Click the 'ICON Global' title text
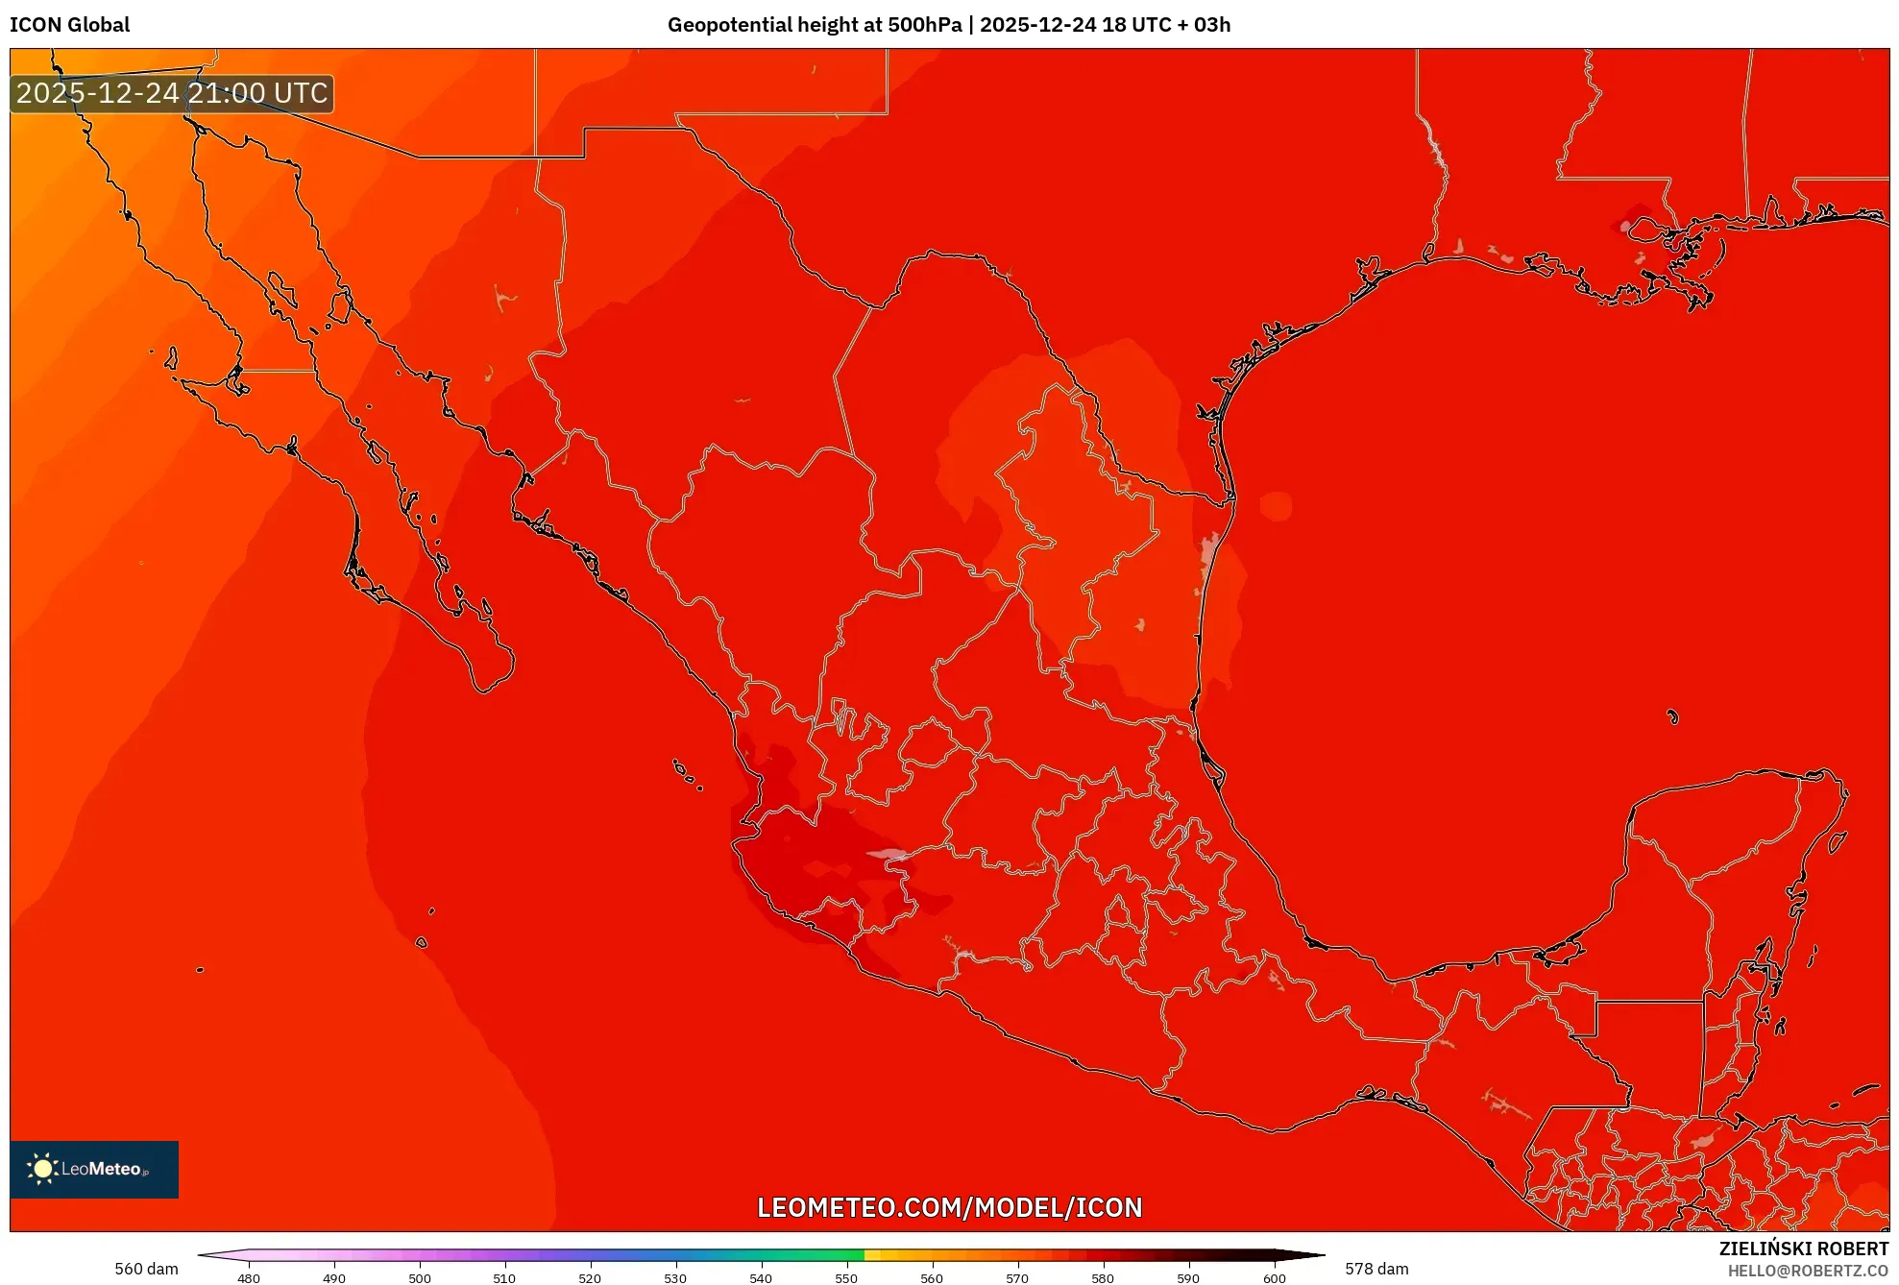pos(69,25)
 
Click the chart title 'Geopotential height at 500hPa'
pos(814,25)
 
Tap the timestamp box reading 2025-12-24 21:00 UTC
pos(172,93)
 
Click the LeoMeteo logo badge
pos(94,1169)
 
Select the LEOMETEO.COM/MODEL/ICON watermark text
pos(949,1207)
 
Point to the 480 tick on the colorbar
pos(249,1277)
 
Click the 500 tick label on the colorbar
pos(420,1277)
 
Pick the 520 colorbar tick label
pos(590,1277)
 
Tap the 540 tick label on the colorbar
pos(761,1277)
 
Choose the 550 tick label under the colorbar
pos(846,1277)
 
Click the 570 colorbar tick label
pos(1017,1277)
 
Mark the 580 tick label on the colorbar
pos(1103,1277)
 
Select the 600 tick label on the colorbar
pos(1274,1277)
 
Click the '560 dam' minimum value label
pos(146,1269)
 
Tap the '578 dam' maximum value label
pos(1376,1269)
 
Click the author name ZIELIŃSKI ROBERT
pos(1803,1249)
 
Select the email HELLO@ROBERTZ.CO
pos(1807,1271)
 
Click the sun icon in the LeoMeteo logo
pos(42,1169)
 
